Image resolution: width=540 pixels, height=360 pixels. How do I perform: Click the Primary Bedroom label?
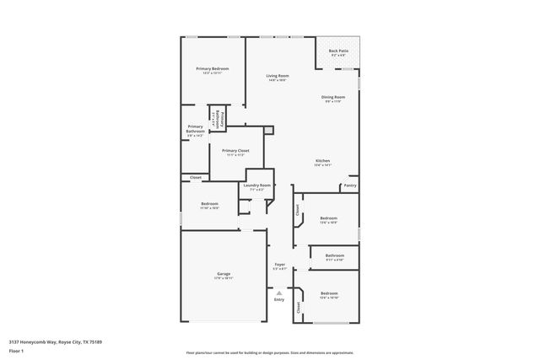tap(213, 68)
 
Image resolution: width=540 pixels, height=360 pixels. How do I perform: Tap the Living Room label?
tap(277, 77)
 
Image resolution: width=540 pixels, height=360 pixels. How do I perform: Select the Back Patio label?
tap(338, 52)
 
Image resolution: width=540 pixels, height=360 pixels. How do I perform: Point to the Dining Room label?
tap(333, 98)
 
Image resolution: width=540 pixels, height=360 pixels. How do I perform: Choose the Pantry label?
tap(350, 185)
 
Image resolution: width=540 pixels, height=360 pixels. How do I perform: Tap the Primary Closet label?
tap(235, 151)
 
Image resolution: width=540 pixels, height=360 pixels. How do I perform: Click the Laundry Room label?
tap(257, 185)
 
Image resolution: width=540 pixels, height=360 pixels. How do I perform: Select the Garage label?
tap(224, 274)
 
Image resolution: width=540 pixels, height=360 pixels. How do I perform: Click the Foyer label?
tap(279, 265)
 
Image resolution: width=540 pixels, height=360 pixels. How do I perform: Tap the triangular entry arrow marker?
tap(279, 292)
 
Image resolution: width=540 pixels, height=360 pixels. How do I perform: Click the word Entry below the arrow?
tap(279, 299)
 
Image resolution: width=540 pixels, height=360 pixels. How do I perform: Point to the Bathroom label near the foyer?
tap(335, 255)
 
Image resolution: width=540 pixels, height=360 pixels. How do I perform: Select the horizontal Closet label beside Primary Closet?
tap(196, 177)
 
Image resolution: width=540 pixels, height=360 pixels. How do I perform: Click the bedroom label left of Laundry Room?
tap(209, 204)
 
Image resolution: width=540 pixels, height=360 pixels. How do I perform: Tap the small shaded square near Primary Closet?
tap(268, 131)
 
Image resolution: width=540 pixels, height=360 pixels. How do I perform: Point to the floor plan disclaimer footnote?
tap(269, 352)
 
